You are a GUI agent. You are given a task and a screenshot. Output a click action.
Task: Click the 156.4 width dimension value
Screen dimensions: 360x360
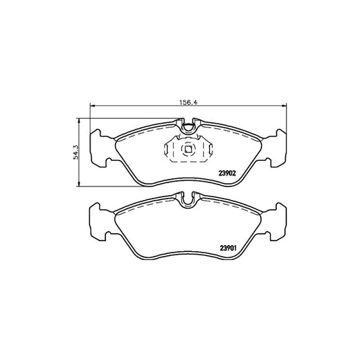click(x=188, y=102)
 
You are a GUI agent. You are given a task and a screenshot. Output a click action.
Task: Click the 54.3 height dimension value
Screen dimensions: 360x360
click(x=76, y=152)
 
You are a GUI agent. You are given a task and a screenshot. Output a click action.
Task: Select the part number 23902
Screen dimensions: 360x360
click(x=228, y=174)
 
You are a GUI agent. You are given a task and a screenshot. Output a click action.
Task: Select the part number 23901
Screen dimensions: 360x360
click(x=228, y=248)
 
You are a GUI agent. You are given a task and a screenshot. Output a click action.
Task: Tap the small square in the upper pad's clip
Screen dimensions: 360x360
click(x=188, y=149)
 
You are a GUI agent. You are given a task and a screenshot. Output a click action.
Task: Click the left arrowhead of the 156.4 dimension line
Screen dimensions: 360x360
click(x=92, y=105)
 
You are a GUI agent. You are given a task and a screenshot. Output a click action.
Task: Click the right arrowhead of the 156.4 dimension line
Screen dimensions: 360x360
click(x=284, y=105)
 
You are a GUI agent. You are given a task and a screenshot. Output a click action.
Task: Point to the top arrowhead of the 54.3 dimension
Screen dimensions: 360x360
click(x=79, y=121)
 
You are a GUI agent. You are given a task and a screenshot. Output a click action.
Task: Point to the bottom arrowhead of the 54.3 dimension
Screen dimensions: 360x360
click(x=79, y=184)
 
